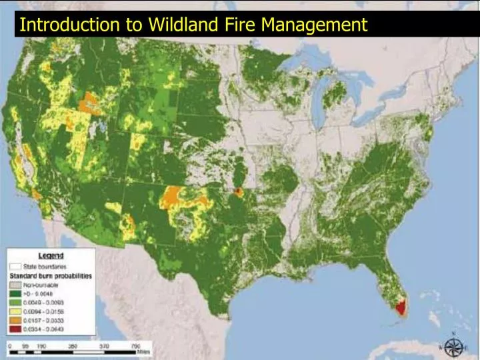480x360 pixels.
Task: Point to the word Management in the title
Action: click(314, 25)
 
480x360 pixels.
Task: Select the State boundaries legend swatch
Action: click(15, 265)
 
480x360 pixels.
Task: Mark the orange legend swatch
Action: click(15, 319)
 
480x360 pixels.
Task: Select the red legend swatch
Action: click(15, 329)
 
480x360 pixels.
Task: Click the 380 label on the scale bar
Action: click(73, 346)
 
